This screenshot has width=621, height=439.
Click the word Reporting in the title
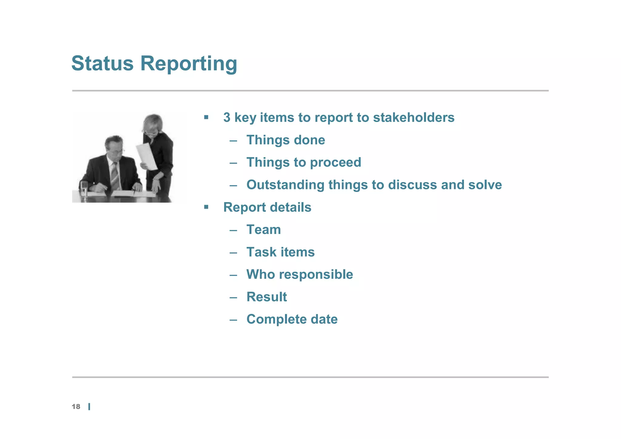pyautogui.click(x=188, y=64)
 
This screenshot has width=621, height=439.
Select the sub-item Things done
pyautogui.click(x=285, y=140)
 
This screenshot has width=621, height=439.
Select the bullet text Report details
pyautogui.click(x=267, y=207)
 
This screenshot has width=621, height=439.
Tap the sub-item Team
pyautogui.click(x=263, y=229)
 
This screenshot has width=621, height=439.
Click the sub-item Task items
pyautogui.click(x=280, y=252)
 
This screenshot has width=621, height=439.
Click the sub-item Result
pyautogui.click(x=266, y=297)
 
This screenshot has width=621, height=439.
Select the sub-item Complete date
pyautogui.click(x=292, y=319)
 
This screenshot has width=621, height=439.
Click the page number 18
pyautogui.click(x=76, y=407)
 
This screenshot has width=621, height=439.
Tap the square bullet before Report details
pyautogui.click(x=206, y=207)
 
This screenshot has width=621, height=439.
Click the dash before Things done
pyautogui.click(x=233, y=140)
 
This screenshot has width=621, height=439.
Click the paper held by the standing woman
pyautogui.click(x=147, y=156)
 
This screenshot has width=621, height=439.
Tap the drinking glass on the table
pyautogui.click(x=84, y=189)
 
